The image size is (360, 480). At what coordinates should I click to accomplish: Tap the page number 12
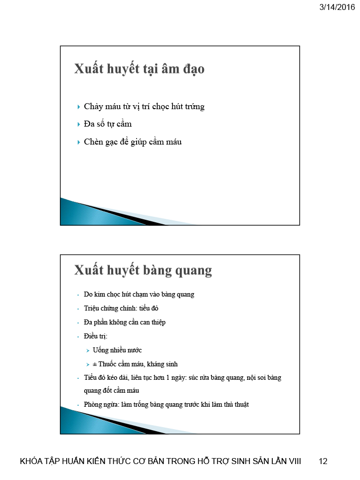pos(323,462)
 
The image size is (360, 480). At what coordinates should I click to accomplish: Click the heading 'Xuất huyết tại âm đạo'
pos(139,69)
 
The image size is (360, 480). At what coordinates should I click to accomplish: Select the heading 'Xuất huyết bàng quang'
pos(143,270)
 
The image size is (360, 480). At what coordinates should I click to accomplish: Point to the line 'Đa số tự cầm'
pos(108,124)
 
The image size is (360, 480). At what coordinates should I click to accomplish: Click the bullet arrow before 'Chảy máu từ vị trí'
pos(79,107)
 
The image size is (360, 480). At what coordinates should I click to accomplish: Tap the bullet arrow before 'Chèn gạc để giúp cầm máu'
pos(79,142)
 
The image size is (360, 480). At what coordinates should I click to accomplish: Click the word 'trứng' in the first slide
pos(194,107)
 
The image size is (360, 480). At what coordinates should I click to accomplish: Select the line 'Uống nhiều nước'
pos(117,350)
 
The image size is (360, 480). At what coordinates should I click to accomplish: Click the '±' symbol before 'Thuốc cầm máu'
pos(95,364)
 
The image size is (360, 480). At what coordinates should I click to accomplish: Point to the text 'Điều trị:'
pos(92,336)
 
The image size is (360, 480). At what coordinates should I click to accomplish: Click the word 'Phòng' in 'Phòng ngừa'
pos(93,404)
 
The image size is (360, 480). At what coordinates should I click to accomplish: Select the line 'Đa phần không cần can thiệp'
pos(125,322)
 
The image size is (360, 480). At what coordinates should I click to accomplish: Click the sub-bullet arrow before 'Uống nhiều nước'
pos(87,350)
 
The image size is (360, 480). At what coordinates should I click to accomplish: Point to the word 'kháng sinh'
pos(162,364)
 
